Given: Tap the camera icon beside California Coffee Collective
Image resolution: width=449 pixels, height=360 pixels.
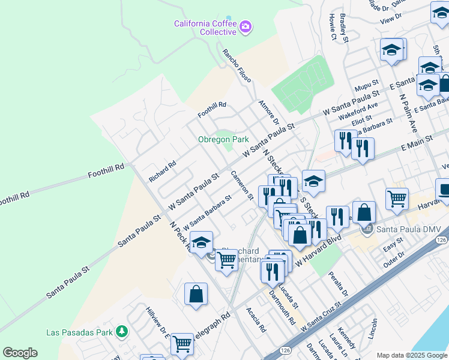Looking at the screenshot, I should tap(245, 26).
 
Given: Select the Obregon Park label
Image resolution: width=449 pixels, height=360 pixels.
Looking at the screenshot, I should tap(223, 139).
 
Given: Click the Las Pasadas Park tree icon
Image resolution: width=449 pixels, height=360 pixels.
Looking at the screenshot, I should tap(122, 331).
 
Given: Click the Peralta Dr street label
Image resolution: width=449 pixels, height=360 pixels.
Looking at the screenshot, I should tap(338, 284).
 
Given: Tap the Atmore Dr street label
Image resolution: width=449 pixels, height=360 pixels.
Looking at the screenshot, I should tap(265, 113).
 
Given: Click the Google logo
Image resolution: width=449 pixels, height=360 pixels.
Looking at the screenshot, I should tap(20, 353).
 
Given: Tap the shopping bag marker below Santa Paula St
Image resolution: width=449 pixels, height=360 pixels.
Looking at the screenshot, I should tap(196, 294).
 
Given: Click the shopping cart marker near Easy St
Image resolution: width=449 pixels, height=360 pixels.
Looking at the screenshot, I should tap(397, 199).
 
